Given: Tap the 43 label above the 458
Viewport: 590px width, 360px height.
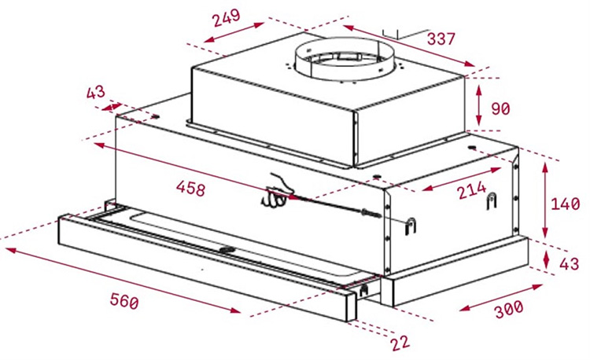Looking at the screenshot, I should [95, 93].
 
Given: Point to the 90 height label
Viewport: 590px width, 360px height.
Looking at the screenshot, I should [500, 108].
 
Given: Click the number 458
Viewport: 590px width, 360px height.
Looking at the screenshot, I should [190, 189].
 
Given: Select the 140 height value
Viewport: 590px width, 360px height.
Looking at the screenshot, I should [566, 204].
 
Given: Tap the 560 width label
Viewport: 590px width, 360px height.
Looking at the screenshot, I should [124, 301].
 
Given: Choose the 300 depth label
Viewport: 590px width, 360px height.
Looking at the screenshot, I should [509, 309].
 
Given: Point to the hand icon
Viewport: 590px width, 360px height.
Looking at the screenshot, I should [275, 192].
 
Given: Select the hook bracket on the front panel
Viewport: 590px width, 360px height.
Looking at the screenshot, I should [410, 226].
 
